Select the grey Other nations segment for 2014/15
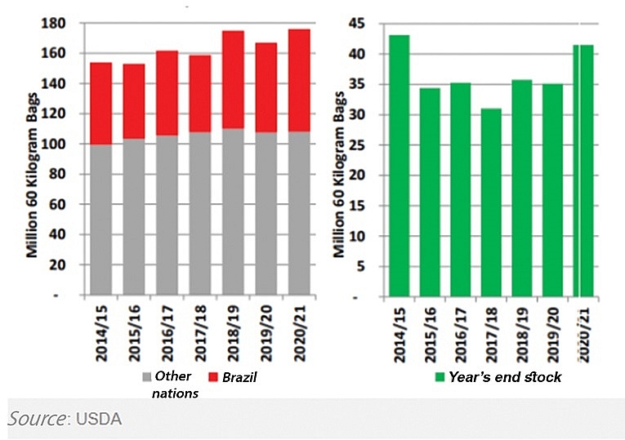pos(101,219)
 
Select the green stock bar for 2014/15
pos(399,164)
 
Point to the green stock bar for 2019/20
pos(552,189)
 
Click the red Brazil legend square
pos(213,377)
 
